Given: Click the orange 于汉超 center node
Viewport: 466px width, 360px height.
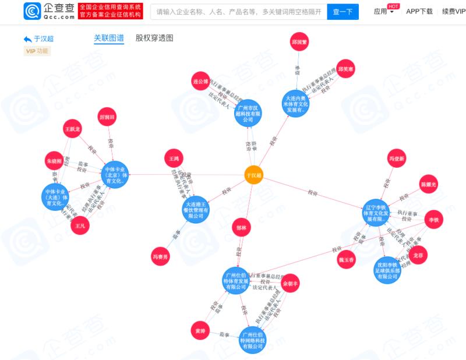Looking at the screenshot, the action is [x=254, y=174].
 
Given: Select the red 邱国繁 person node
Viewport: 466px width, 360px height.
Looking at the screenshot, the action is [x=299, y=42].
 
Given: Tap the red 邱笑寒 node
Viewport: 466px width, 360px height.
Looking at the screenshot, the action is [x=346, y=69].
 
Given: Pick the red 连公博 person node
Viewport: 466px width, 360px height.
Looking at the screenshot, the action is [x=200, y=82].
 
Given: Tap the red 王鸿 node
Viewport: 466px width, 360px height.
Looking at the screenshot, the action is [x=174, y=158].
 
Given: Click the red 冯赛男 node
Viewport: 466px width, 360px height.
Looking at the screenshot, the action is [x=160, y=257].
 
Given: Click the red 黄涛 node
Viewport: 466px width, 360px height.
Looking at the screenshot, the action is [x=199, y=331].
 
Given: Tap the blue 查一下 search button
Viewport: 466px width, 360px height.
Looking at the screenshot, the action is [x=343, y=11].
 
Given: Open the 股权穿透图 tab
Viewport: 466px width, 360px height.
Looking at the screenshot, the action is [x=154, y=38].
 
